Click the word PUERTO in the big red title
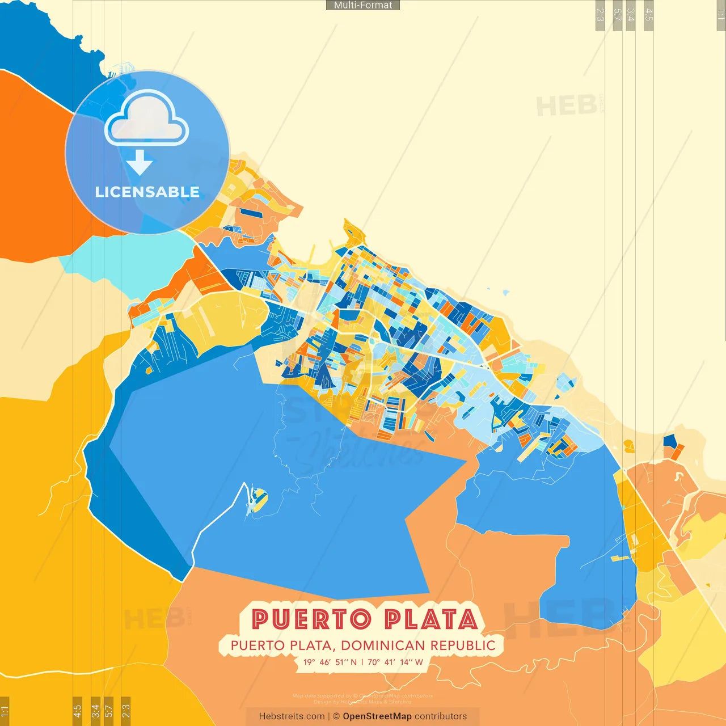tap(311, 619)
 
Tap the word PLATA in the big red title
tap(431, 619)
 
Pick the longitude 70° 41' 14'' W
tap(395, 662)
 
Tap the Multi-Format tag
tap(363, 5)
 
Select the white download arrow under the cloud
tap(140, 162)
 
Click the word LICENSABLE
tap(147, 192)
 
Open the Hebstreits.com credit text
tap(292, 716)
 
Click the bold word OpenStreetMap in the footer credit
tap(377, 716)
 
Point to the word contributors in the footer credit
tap(441, 716)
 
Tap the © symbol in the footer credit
tap(336, 716)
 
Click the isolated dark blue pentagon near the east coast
tap(670, 441)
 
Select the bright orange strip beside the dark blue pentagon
tap(677, 452)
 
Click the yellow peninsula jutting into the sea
tap(353, 234)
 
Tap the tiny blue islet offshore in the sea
tap(505, 293)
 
